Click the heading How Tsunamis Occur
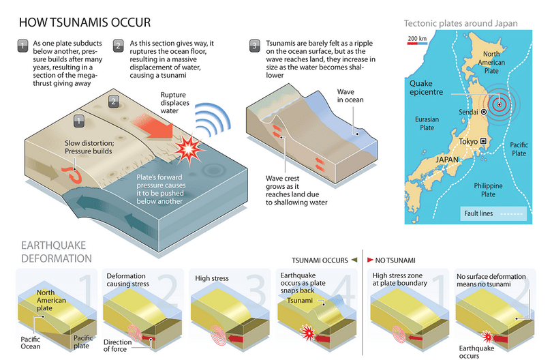85,22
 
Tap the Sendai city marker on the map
484,112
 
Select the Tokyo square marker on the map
483,141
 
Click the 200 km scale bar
418,44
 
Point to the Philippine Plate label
488,190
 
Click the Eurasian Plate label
427,123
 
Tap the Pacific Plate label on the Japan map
519,149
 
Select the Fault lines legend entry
493,213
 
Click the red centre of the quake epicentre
499,104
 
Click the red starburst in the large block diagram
189,149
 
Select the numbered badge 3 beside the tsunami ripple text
254,46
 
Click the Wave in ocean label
350,96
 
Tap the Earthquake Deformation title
57,252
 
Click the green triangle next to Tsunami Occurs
354,260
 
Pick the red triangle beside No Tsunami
370,260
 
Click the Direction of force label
118,346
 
